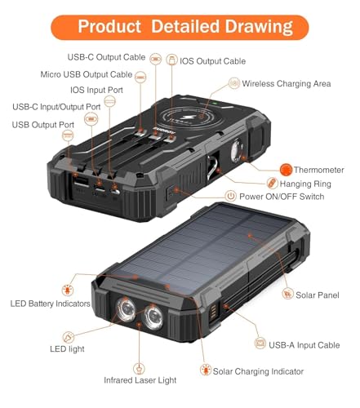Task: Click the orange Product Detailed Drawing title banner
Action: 180,27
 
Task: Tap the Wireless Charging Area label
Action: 287,84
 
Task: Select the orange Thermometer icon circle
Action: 286,170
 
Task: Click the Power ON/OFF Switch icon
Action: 231,196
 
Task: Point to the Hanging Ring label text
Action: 305,184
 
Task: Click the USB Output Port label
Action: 43,125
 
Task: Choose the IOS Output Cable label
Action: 212,61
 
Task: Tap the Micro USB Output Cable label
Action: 87,74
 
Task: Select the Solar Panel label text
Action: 318,295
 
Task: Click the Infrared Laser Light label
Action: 140,380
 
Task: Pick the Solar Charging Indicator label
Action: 258,371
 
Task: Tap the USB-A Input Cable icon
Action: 260,344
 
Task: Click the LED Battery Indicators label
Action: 50,304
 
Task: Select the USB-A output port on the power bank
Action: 82,181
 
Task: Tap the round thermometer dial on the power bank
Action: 236,150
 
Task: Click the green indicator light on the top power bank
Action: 215,104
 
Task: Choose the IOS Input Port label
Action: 96,90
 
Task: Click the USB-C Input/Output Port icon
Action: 91,119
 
